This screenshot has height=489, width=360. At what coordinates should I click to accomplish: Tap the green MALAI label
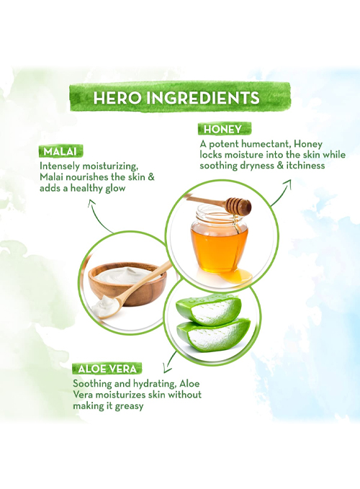pyautogui.click(x=60, y=151)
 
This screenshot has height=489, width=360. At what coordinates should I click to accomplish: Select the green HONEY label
pyautogui.click(x=224, y=129)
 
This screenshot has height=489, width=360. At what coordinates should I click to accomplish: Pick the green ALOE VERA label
pyautogui.click(x=107, y=369)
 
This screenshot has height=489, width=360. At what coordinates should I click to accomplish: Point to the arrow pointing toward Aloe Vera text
pyautogui.click(x=170, y=362)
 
